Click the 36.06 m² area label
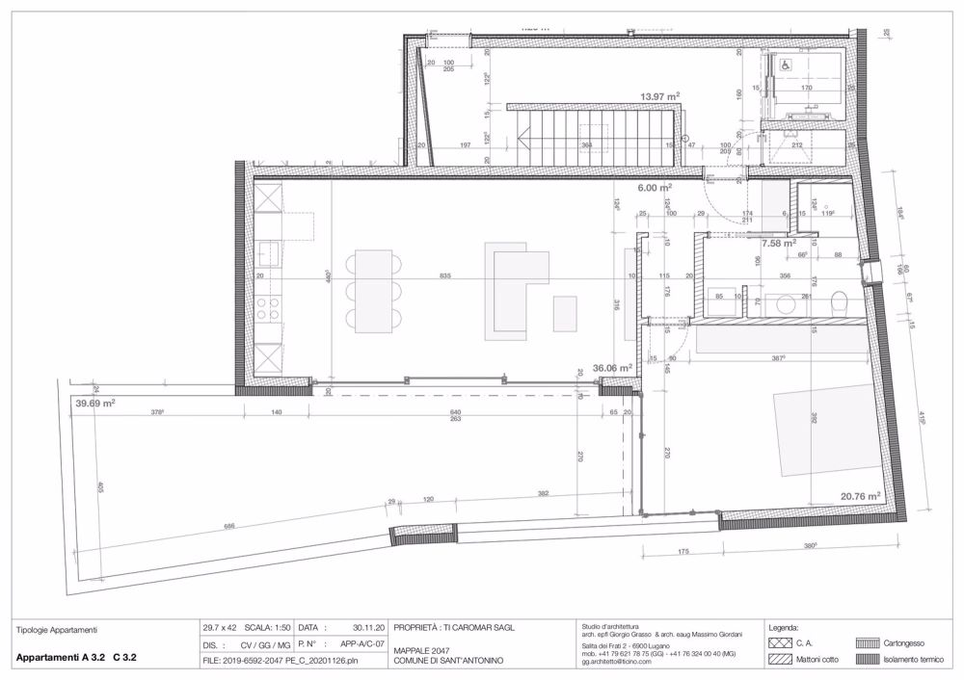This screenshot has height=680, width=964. click(612, 367)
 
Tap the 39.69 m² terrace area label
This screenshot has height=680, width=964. click(95, 405)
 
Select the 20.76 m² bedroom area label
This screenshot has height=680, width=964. click(861, 497)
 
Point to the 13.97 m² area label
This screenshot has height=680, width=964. click(660, 96)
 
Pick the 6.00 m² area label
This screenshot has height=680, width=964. click(652, 189)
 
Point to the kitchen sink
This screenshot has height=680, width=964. click(268, 253)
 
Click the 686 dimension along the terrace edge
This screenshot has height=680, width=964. click(229, 527)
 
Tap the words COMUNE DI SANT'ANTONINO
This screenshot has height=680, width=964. click(447, 661)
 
